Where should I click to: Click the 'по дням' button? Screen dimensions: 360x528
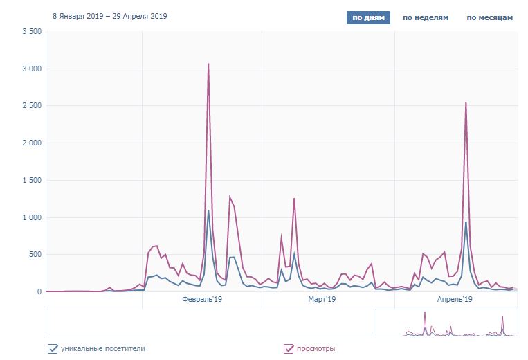pos(368,17)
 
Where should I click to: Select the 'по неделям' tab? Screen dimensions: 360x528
pos(426,17)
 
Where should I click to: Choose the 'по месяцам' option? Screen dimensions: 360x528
pos(489,17)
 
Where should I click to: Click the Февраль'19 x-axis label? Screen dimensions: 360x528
pos(202,299)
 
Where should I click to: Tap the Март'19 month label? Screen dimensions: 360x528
pos(321,299)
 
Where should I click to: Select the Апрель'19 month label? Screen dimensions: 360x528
pos(455,299)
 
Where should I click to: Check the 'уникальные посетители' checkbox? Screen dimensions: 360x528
pos(53,348)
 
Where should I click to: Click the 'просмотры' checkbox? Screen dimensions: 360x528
pos(289,348)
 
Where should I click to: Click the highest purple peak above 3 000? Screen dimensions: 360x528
pos(208,64)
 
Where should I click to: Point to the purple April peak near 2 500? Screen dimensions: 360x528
pos(466,102)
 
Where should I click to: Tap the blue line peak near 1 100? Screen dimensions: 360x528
pos(208,210)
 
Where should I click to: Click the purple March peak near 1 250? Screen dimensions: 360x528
pos(294,199)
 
